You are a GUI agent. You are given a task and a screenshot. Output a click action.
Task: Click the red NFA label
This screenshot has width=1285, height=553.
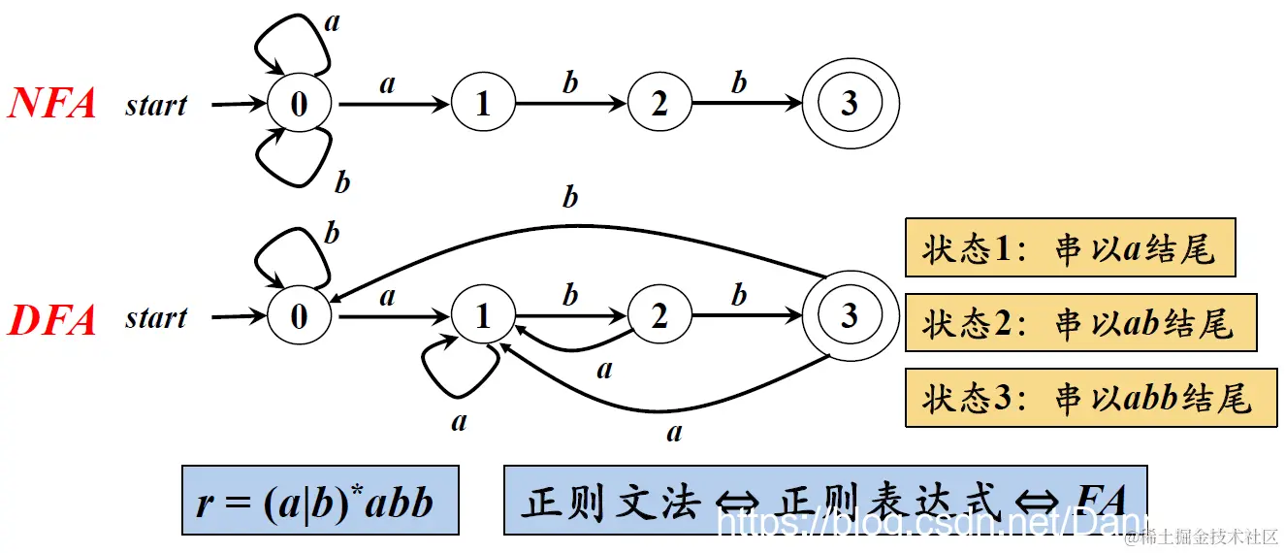coord(52,103)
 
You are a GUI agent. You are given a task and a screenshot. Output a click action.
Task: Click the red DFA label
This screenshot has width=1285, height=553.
coord(52,318)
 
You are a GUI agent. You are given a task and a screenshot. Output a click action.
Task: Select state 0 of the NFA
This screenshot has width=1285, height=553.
coord(299,103)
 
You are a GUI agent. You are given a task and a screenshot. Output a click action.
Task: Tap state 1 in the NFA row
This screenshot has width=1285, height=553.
coord(483,103)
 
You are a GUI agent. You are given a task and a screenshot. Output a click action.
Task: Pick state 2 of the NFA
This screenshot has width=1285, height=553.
coord(659,103)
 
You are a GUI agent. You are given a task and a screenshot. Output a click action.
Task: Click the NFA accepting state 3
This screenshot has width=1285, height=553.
coord(850,103)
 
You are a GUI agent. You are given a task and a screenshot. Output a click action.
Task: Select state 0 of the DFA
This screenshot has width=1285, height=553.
coord(299,317)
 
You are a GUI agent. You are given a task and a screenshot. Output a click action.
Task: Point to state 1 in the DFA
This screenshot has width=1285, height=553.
coord(483,317)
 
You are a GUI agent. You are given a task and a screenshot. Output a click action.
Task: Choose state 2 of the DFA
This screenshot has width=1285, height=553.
coord(659,317)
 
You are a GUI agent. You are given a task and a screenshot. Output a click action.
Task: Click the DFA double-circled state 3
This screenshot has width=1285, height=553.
coord(850,316)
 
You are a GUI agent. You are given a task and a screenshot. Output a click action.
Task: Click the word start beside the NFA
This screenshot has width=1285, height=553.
coord(155,104)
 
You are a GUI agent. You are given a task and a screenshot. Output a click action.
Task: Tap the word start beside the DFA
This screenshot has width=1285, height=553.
coord(155,318)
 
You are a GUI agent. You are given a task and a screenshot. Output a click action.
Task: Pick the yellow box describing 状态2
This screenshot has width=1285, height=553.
coord(1080,323)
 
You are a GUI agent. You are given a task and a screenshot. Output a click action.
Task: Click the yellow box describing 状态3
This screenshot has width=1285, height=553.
coord(1090,398)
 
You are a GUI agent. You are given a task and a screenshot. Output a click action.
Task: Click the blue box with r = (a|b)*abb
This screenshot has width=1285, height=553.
coord(319,501)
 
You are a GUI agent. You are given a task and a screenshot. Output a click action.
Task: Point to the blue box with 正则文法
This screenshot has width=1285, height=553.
coord(824,501)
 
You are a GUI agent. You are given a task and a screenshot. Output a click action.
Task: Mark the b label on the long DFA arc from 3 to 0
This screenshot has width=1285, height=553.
coord(570,197)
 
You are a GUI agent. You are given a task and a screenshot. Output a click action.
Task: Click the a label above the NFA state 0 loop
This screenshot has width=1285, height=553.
coord(332,21)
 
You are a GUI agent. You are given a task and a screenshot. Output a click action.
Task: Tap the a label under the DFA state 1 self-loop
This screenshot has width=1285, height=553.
coord(459,420)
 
